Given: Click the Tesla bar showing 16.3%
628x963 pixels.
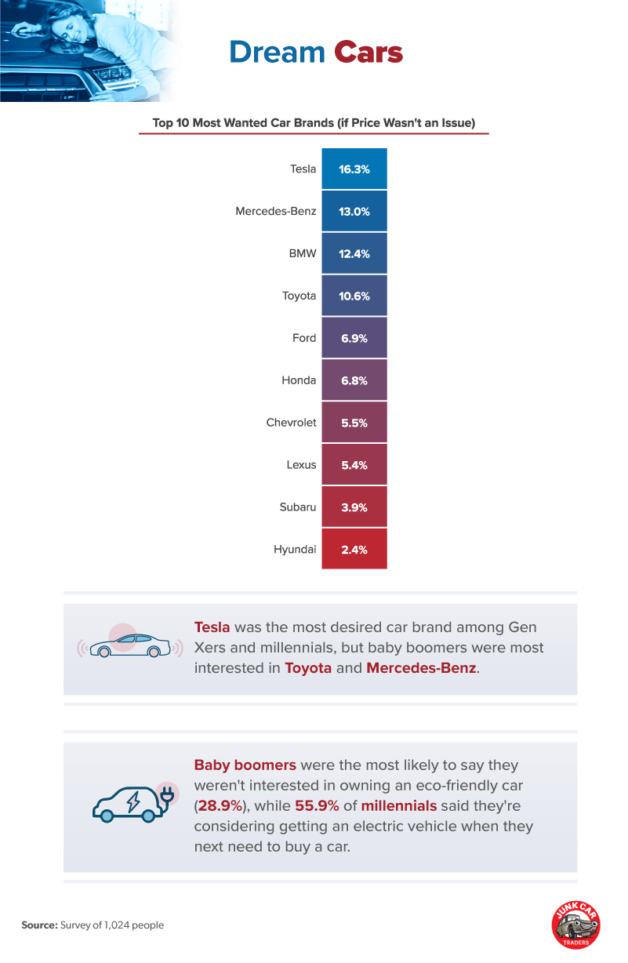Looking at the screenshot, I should pyautogui.click(x=354, y=169).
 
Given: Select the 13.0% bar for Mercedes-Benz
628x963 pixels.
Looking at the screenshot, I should pyautogui.click(x=354, y=211).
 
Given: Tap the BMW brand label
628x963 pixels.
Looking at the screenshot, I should pyautogui.click(x=303, y=253).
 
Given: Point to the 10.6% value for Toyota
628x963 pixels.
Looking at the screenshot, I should pyautogui.click(x=354, y=296).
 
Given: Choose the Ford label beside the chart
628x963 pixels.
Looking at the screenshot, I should pyautogui.click(x=304, y=338).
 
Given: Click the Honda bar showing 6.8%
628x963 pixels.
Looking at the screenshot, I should pyautogui.click(x=354, y=380).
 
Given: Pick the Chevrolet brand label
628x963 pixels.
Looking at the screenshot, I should pyautogui.click(x=291, y=422).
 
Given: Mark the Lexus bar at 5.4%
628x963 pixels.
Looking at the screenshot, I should pyautogui.click(x=354, y=465).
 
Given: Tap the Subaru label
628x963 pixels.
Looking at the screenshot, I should pyautogui.click(x=298, y=507).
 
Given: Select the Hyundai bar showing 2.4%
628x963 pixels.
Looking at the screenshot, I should pyautogui.click(x=354, y=549).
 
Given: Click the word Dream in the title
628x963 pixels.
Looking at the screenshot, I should pyautogui.click(x=277, y=53).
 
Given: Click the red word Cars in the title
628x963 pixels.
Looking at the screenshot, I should pyautogui.click(x=368, y=53).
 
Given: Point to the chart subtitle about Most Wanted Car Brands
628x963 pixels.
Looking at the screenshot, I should pyautogui.click(x=314, y=123).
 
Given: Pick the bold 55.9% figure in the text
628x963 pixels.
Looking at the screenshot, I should pyautogui.click(x=321, y=805).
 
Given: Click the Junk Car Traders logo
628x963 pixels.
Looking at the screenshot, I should pyautogui.click(x=575, y=925).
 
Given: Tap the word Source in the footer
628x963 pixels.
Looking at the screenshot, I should pyautogui.click(x=39, y=925).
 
